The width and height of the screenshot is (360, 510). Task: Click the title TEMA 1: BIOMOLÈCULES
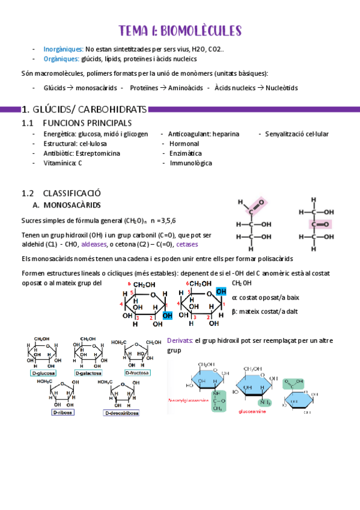[180, 31]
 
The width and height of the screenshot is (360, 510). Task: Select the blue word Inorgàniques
[63, 49]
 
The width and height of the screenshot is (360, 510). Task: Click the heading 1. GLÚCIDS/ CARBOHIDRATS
[84, 109]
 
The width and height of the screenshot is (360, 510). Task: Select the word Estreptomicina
[94, 153]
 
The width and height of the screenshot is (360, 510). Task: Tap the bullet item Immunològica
[191, 163]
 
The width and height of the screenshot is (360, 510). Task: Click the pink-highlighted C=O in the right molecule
[320, 224]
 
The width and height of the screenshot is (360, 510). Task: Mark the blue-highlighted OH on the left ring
[166, 315]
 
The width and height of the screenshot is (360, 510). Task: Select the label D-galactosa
[89, 373]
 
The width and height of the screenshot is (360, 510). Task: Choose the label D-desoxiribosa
[121, 413]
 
